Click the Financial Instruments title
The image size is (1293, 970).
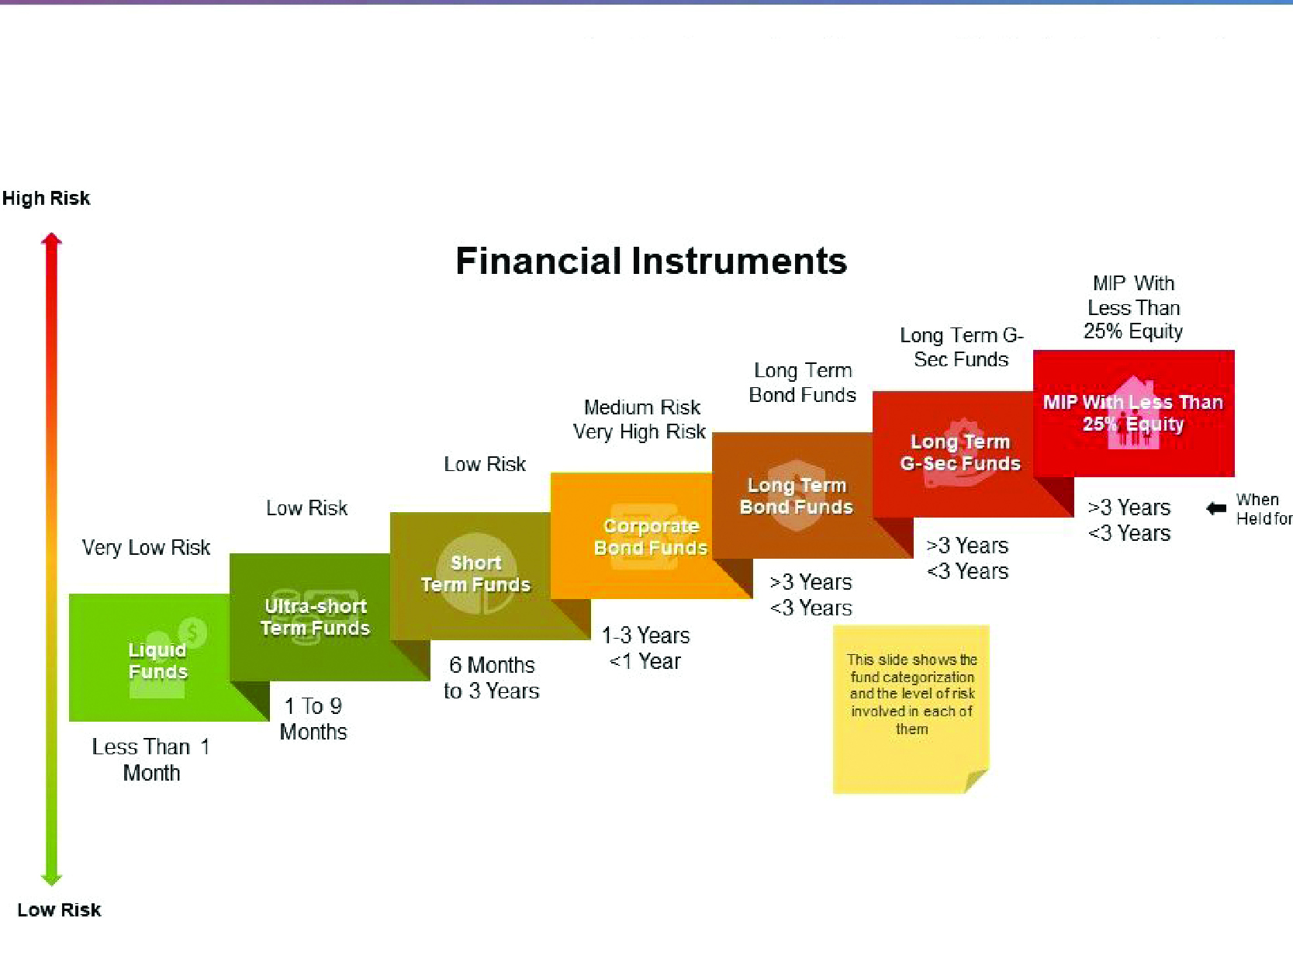(651, 261)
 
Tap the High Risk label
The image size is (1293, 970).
(46, 198)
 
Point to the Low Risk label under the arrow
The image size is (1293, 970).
(59, 910)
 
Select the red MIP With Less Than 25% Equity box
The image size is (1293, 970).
(1134, 413)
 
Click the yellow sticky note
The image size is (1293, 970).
(911, 709)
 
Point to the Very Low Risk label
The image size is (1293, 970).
(146, 547)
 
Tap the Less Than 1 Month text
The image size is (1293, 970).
(150, 760)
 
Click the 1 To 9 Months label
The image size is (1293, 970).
(313, 719)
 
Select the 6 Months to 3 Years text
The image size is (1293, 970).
(491, 677)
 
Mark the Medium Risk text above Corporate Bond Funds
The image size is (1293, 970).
(642, 407)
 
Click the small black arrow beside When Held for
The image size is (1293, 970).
(1216, 508)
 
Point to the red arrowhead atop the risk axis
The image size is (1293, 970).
(51, 239)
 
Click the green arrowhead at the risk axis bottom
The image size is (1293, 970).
(51, 880)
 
